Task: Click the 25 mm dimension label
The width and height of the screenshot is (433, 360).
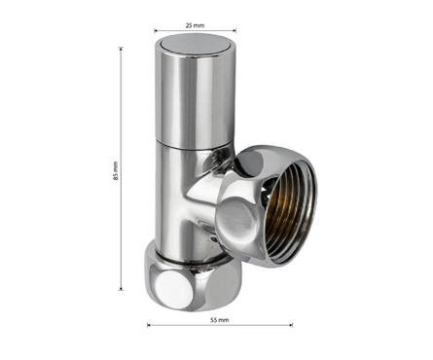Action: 195,25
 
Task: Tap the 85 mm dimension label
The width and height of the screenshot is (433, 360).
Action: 116,171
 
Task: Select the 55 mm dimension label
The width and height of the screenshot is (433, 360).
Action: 220,320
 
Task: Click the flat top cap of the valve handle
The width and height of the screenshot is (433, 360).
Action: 196,44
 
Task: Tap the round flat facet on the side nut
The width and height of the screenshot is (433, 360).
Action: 236,215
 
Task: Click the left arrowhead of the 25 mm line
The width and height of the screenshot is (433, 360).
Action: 156,31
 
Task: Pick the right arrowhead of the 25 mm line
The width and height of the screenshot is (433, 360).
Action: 235,31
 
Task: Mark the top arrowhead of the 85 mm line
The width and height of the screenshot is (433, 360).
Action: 121,49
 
